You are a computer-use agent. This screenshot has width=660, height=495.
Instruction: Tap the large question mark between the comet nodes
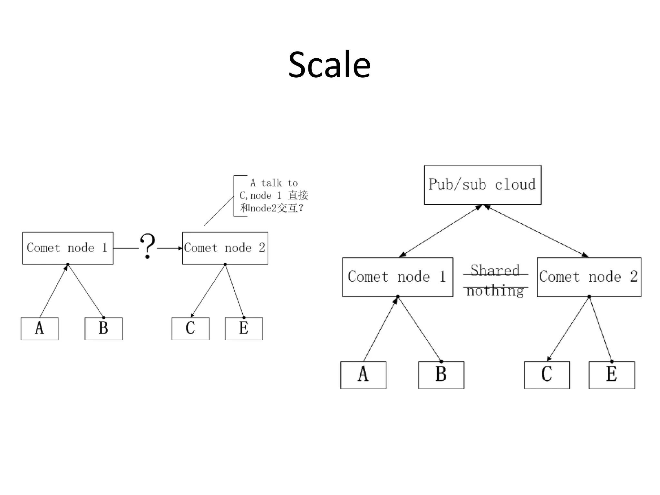[x=148, y=246]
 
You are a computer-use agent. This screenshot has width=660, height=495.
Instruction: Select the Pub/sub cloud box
[x=482, y=185]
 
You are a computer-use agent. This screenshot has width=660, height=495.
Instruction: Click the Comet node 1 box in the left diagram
[x=68, y=248]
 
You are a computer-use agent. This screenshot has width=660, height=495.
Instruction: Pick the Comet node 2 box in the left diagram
[x=225, y=248]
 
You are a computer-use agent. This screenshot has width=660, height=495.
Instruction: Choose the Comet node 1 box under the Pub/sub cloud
[x=398, y=277]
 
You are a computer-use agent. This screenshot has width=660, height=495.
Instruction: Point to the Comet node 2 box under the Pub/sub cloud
[x=589, y=277]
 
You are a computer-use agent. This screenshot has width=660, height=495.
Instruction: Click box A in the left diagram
[x=40, y=328]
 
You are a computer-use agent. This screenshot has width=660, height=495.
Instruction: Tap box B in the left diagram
[x=103, y=328]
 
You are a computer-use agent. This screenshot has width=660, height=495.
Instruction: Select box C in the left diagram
[x=190, y=328]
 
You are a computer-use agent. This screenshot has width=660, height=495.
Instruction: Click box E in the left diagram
[x=244, y=328]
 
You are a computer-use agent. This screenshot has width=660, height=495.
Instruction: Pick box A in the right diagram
[x=363, y=375]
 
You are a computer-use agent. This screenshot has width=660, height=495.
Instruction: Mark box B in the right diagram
[x=441, y=375]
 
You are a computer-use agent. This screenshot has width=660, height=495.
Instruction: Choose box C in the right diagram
[x=547, y=375]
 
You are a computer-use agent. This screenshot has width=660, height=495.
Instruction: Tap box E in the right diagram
[x=612, y=375]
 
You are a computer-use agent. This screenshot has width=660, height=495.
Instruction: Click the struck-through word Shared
[x=495, y=271]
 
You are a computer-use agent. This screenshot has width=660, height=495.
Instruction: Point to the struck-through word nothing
[x=495, y=290]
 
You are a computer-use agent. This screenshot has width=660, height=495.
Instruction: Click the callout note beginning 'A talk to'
[x=273, y=196]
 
